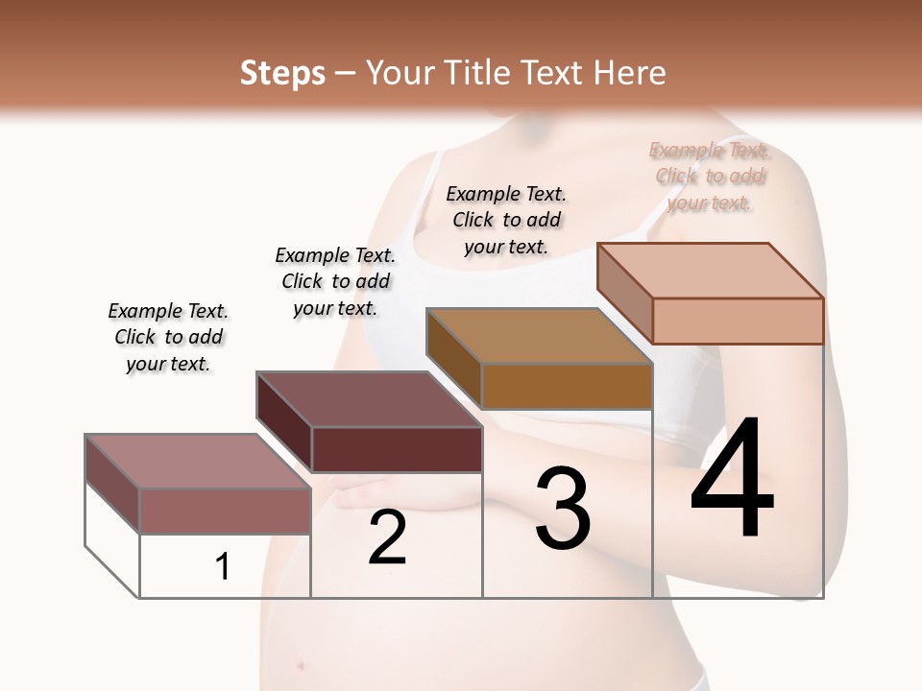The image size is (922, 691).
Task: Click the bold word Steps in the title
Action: point(282,73)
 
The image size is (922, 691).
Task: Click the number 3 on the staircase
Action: point(562,509)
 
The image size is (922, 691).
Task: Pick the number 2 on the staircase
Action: point(387,537)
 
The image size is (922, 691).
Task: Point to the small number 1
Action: point(223,567)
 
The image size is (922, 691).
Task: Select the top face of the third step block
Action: point(539,336)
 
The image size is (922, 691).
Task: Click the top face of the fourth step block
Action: point(711,271)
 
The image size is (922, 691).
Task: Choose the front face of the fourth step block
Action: point(738,321)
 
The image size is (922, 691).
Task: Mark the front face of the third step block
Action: point(567,387)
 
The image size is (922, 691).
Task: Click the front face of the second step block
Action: point(397,449)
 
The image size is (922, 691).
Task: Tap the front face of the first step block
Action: point(225,511)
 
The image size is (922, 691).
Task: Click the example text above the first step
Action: point(168,337)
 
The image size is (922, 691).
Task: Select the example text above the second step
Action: point(335,281)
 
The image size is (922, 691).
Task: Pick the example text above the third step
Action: point(506,220)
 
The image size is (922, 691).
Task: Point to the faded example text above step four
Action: point(710,176)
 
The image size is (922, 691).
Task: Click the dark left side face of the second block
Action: point(284,421)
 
